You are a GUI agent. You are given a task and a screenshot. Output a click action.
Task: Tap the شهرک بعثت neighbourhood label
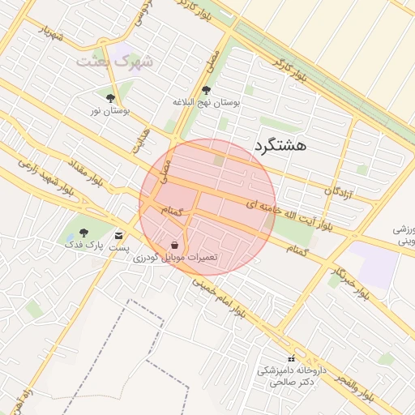point(114,60)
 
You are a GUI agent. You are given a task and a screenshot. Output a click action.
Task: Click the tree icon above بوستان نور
point(110,99)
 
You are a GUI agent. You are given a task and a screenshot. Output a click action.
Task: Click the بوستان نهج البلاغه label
point(207,104)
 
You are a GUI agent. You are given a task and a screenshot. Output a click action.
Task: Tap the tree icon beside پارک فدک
point(83,233)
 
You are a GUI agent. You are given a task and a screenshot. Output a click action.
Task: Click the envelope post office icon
point(120,235)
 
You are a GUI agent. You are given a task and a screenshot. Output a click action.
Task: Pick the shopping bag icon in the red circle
point(175,244)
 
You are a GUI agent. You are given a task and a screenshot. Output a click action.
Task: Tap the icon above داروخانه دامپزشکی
point(291,358)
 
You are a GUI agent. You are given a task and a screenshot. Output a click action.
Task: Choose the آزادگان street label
point(339,191)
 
